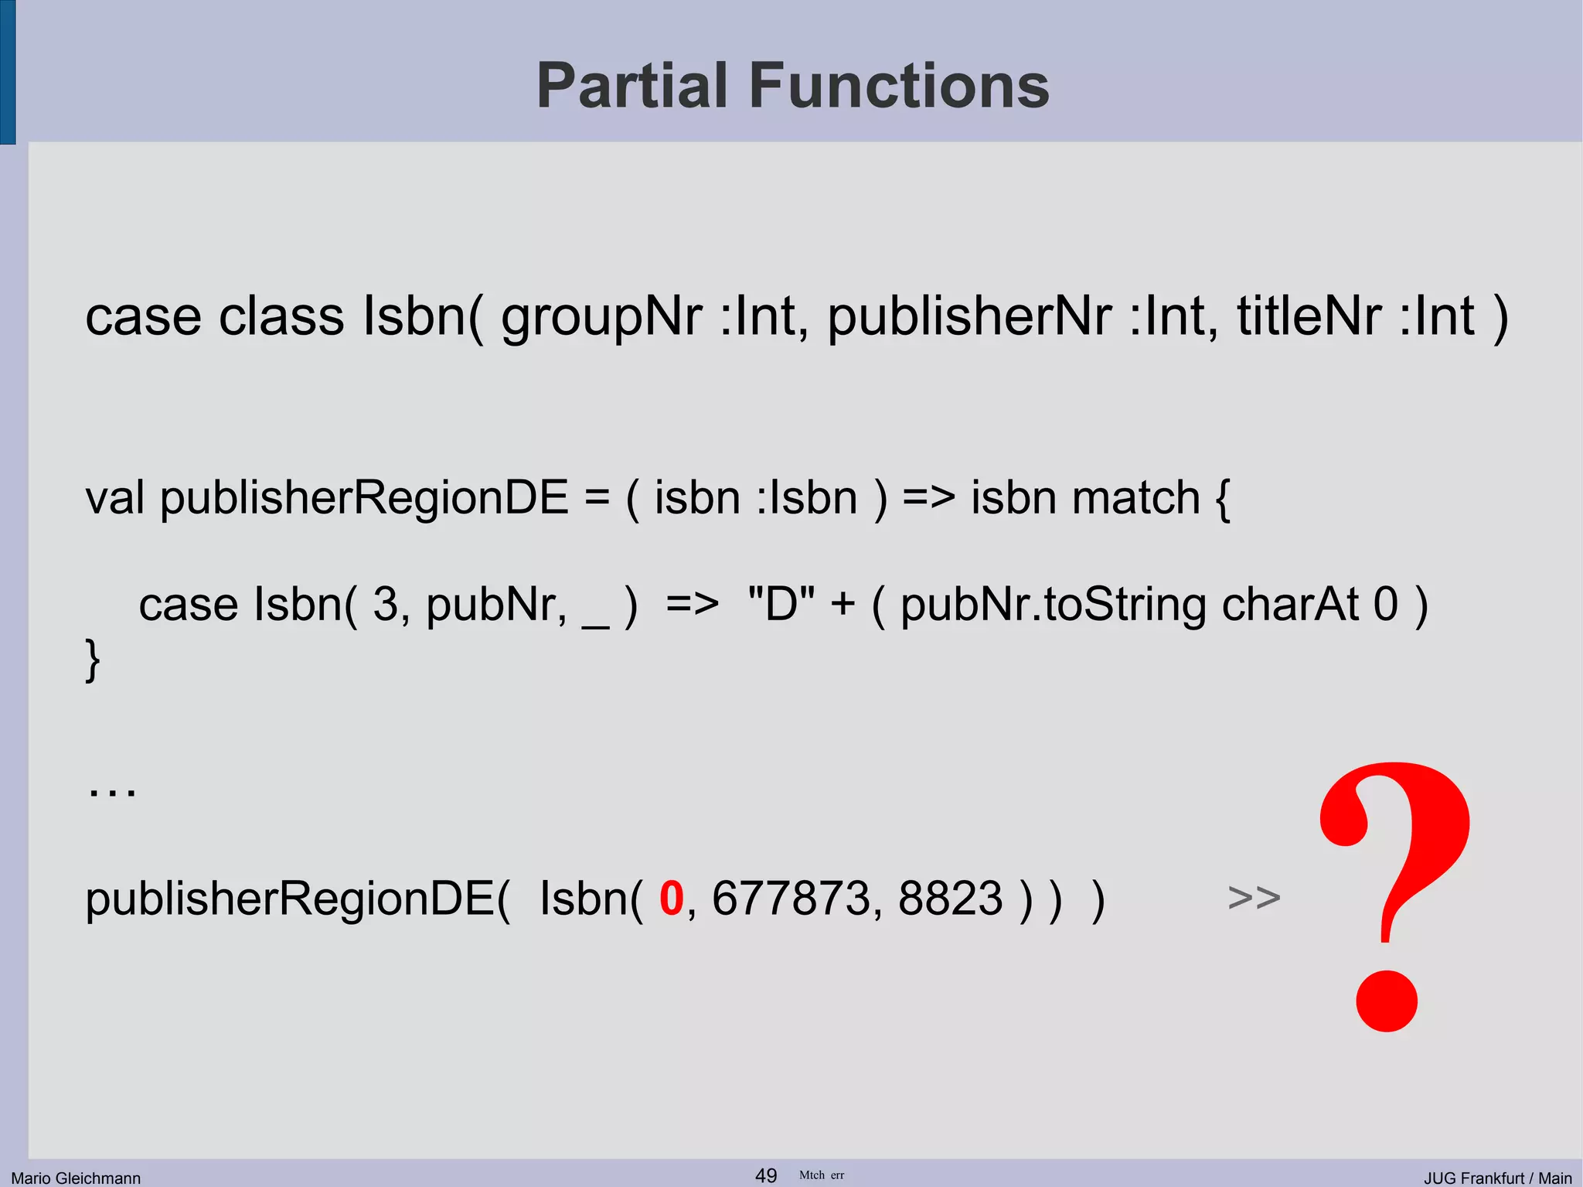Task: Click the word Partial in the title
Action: tap(632, 86)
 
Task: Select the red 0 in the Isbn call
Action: tap(671, 899)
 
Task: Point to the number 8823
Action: tap(950, 899)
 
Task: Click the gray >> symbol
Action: tap(1254, 898)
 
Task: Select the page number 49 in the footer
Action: tap(765, 1175)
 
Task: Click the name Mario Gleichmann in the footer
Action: tap(76, 1178)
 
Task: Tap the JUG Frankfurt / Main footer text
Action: tap(1497, 1178)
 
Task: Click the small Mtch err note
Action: tap(821, 1175)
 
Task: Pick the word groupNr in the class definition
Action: tap(601, 317)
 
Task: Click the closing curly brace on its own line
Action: tap(93, 660)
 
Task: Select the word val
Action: tap(114, 497)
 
